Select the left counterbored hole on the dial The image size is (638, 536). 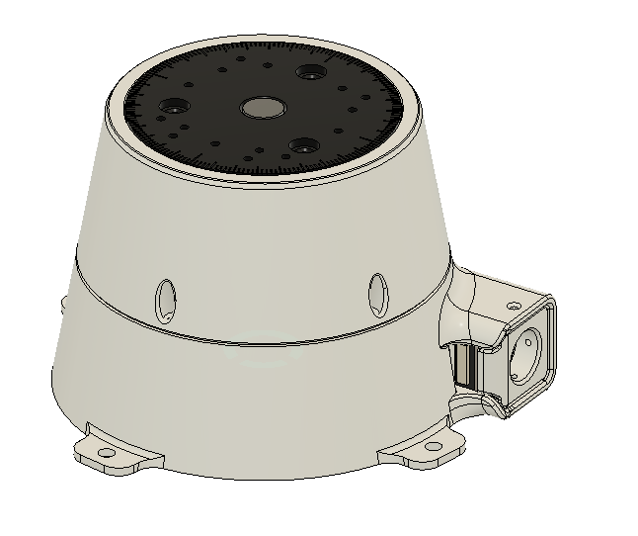click(179, 106)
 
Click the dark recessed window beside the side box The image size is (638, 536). click(463, 366)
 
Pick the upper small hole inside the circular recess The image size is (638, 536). click(533, 337)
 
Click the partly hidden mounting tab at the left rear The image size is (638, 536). click(64, 299)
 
